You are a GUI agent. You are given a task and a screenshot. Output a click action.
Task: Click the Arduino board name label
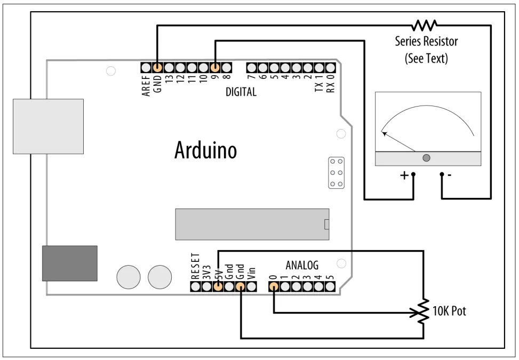pos(205,151)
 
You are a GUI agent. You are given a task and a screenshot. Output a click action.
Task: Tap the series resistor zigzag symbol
pos(425,25)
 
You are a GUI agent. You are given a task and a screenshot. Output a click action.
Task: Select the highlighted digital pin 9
pos(215,68)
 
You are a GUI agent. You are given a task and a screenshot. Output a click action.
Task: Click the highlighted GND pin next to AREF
pos(157,68)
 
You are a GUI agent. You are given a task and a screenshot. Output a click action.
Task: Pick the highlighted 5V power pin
pos(218,286)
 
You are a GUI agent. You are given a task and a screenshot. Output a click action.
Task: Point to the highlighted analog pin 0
pos(273,286)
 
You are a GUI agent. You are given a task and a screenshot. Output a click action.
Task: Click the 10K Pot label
pos(449,311)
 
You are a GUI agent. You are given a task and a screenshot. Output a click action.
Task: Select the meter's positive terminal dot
pos(413,174)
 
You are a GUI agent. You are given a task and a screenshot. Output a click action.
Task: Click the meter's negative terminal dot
pos(442,174)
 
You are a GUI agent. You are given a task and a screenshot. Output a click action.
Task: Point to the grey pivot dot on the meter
pos(426,158)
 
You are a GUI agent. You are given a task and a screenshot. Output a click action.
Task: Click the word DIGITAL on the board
pos(241,92)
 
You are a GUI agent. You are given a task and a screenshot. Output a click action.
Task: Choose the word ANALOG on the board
pos(302,265)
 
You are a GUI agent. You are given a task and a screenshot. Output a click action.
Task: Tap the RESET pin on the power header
pos(195,286)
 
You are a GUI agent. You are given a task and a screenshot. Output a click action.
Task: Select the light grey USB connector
pos(48,126)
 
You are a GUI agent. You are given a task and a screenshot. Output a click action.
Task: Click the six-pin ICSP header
pos(337,173)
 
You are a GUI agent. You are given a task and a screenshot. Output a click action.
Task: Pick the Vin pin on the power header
pos(252,286)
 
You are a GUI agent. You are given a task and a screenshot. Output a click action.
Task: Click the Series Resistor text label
pos(426,41)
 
